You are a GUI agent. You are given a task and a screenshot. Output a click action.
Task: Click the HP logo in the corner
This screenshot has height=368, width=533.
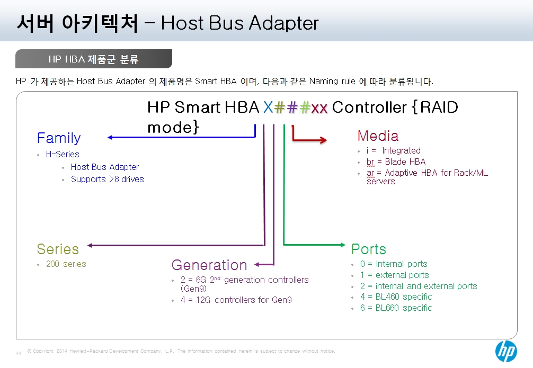pyautogui.click(x=506, y=352)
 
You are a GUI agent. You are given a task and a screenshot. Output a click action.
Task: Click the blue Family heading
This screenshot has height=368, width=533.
pyautogui.click(x=59, y=138)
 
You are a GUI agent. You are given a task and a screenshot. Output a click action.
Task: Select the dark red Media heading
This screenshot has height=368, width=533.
pyautogui.click(x=378, y=136)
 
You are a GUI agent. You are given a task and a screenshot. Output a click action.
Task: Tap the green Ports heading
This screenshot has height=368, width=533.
pyautogui.click(x=369, y=249)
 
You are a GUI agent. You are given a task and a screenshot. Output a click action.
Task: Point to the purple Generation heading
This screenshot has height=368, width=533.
pyautogui.click(x=209, y=265)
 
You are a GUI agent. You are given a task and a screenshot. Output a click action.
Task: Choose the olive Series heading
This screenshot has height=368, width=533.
pyautogui.click(x=58, y=249)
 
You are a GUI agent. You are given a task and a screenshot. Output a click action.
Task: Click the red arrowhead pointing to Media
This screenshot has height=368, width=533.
pyautogui.click(x=324, y=139)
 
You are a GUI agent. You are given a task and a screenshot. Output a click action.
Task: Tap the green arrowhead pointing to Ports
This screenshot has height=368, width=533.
pyautogui.click(x=343, y=245)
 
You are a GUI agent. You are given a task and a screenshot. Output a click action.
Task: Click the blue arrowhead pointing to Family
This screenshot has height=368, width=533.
pyautogui.click(x=110, y=138)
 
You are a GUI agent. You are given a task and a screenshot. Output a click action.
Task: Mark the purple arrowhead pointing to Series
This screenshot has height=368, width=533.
pyautogui.click(x=91, y=245)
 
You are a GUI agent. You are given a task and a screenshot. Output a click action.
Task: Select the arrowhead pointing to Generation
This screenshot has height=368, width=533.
pyautogui.click(x=257, y=264)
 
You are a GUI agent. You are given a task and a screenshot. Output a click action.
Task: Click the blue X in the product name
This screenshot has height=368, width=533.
pyautogui.click(x=268, y=107)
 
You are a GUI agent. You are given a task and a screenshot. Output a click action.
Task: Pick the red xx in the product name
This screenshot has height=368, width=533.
pyautogui.click(x=319, y=109)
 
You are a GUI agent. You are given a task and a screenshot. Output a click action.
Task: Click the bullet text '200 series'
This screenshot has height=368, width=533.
pyautogui.click(x=66, y=264)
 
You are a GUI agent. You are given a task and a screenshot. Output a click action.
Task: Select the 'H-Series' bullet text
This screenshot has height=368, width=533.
pyautogui.click(x=63, y=154)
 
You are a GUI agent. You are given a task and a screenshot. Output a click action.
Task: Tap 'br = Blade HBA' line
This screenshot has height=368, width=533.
pyautogui.click(x=396, y=161)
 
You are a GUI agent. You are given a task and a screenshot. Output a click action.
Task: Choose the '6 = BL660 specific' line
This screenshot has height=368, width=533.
pyautogui.click(x=396, y=308)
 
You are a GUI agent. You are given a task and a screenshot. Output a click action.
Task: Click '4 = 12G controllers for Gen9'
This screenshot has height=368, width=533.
pyautogui.click(x=236, y=300)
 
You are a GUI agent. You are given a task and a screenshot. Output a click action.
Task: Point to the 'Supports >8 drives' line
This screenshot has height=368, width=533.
pyautogui.click(x=108, y=179)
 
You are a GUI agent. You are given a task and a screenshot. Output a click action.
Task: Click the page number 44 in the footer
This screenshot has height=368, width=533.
pyautogui.click(x=19, y=353)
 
